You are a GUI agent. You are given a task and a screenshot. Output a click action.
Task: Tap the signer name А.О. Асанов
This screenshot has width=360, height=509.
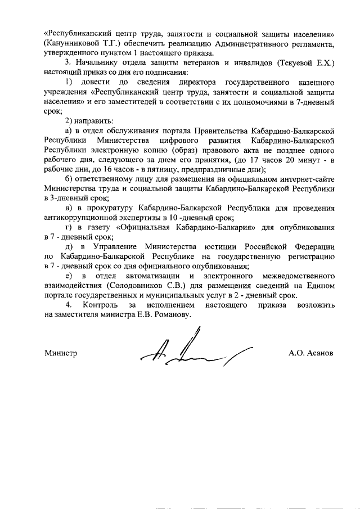[310, 354]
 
